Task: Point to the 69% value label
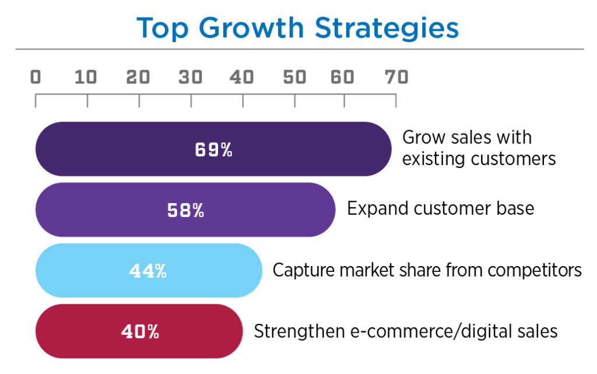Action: [x=213, y=150]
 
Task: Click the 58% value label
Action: [x=185, y=211]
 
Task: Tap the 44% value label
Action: [x=148, y=271]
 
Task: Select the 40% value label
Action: [x=140, y=332]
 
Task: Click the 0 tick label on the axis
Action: [x=36, y=77]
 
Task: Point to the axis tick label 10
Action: [x=86, y=77]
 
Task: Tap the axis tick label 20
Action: [x=139, y=77]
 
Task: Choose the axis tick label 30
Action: [x=191, y=77]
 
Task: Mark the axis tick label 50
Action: [x=294, y=77]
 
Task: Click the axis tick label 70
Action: [x=396, y=77]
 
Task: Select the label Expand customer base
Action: [x=440, y=208]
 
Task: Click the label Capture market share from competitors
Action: [x=427, y=270]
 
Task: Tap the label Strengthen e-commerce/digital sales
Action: [x=406, y=331]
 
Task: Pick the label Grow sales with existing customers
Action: [x=479, y=148]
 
